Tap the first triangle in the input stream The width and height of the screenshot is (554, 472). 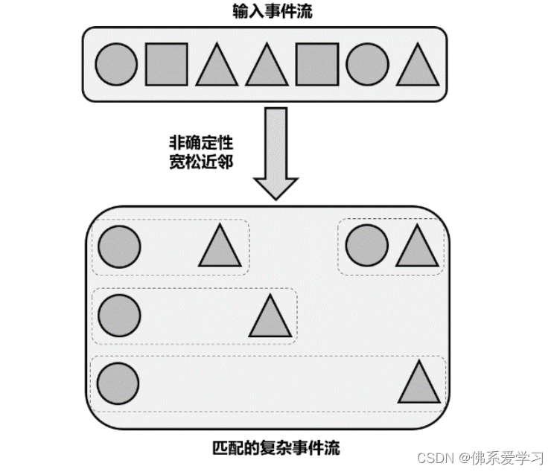coord(217,67)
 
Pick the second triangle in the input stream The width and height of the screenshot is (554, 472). coord(267,67)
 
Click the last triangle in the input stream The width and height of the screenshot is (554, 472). coord(417,67)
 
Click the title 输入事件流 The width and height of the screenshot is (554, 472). coord(265,10)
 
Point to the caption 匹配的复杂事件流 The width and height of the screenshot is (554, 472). coord(276,449)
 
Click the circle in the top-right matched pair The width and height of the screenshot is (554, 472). coord(367,246)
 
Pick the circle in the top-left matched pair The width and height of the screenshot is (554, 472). coord(119,246)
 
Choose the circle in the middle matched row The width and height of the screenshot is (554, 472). coord(119,314)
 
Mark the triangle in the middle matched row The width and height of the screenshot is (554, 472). coord(270,318)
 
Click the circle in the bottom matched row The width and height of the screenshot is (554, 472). coord(119,381)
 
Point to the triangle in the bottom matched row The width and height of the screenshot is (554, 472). coord(421,385)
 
